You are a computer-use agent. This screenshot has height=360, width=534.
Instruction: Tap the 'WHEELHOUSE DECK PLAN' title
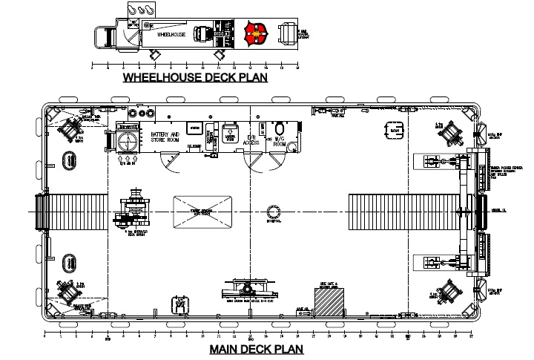(x=195, y=76)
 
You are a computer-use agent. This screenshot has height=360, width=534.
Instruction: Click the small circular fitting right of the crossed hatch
(x=272, y=213)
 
